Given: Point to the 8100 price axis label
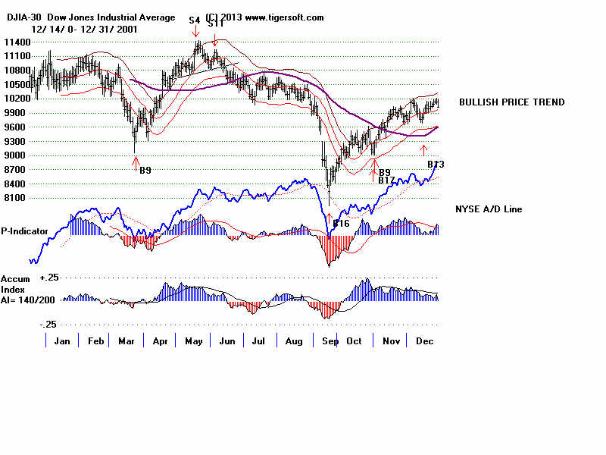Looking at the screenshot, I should (17, 197).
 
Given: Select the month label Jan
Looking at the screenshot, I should (62, 341).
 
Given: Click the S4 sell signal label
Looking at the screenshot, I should (195, 19).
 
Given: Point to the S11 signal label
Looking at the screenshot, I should (216, 24).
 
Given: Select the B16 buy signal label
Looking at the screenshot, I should (341, 223).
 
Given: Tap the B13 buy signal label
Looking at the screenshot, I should (435, 165).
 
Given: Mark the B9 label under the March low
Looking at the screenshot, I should (145, 171).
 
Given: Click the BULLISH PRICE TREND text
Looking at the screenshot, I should (511, 102).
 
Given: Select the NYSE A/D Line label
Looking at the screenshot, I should (488, 209).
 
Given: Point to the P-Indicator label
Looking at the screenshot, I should (24, 230).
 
